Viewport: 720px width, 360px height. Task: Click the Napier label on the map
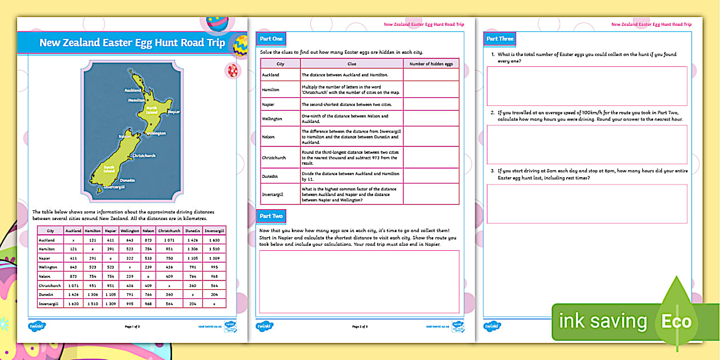(174, 112)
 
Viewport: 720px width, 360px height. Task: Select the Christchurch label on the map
(143, 155)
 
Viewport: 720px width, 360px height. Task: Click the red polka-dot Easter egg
(232, 70)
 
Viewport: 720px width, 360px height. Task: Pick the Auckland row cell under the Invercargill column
(213, 240)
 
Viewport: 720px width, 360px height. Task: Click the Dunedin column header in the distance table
(192, 231)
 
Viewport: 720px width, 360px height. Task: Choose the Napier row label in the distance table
(46, 258)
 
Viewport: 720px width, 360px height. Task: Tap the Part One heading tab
(270, 39)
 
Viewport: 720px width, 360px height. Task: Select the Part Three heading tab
(499, 39)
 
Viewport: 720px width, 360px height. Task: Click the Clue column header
(351, 64)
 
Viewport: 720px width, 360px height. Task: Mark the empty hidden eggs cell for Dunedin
(431, 176)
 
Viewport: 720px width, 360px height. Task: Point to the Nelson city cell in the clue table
(280, 137)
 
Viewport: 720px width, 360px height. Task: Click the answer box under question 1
(586, 86)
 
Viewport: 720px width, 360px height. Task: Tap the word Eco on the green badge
(677, 321)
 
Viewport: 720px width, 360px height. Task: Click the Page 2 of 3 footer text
(359, 326)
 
